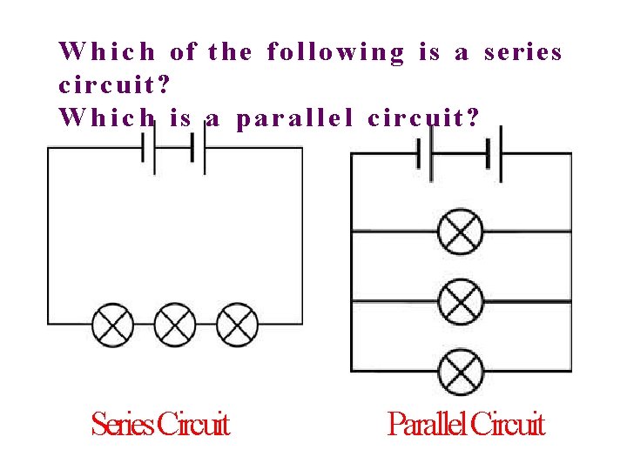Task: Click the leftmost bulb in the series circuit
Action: (113, 325)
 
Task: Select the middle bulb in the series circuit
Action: (175, 325)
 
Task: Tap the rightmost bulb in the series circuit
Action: (237, 325)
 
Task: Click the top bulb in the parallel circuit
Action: (460, 232)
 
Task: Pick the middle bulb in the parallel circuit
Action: (460, 302)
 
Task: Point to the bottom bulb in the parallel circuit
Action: (460, 371)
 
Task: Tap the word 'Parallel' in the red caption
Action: (427, 426)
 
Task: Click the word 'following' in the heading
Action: (335, 53)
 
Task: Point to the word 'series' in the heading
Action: (522, 53)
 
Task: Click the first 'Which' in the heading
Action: (106, 53)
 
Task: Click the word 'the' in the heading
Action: (230, 53)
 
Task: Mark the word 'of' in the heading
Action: (183, 53)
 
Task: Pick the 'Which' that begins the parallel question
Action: (106, 117)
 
